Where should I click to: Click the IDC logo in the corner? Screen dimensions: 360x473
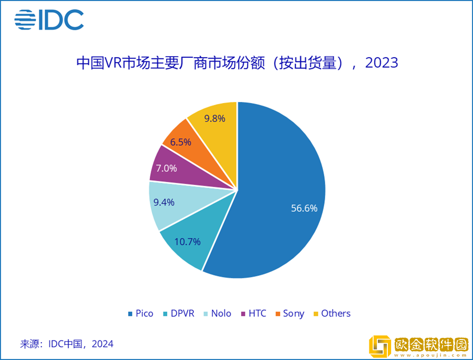tap(49, 19)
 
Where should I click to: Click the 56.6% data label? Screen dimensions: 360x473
tap(304, 208)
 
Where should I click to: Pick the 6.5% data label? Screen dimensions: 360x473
tap(180, 142)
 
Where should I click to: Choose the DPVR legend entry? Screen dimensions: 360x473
tap(178, 313)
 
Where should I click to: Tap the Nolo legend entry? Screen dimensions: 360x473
tap(217, 313)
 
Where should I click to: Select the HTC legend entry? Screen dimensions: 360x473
tap(253, 313)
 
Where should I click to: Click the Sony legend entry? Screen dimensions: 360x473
tap(290, 313)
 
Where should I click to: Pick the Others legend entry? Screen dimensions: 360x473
tap(332, 313)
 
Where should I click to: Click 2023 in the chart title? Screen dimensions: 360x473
tap(382, 63)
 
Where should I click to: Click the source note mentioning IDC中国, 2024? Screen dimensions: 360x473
tap(67, 344)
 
